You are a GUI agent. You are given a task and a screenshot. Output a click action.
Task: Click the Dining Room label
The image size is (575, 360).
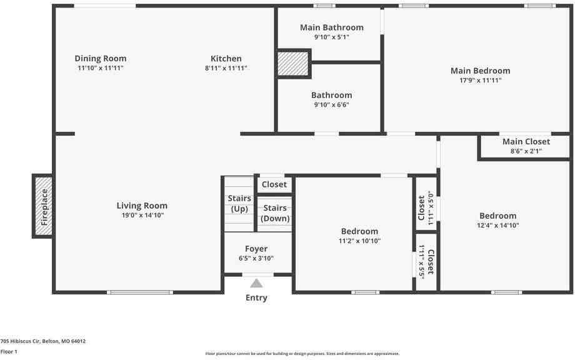click(x=96, y=59)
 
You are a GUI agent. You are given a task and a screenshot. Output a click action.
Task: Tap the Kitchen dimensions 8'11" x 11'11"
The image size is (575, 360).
click(x=226, y=68)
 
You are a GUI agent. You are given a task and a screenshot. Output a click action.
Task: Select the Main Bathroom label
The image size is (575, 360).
click(x=331, y=27)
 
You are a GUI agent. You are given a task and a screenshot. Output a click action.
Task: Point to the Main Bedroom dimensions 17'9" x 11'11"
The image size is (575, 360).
click(x=480, y=80)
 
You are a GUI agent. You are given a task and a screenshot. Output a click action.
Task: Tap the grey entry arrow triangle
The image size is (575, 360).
click(x=256, y=283)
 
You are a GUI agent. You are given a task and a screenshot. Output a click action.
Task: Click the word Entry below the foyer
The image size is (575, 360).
click(x=256, y=297)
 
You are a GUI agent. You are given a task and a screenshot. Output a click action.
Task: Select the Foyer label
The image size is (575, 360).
click(x=256, y=249)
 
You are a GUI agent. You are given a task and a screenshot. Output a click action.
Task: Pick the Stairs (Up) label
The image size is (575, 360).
click(x=239, y=204)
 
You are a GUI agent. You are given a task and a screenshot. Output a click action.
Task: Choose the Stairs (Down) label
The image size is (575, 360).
click(x=275, y=213)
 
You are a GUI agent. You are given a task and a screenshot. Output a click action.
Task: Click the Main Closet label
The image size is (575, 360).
click(x=526, y=142)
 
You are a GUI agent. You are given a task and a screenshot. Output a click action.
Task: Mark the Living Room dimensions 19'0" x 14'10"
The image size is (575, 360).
click(x=142, y=215)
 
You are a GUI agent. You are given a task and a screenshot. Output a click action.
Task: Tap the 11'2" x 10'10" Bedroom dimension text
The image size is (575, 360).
click(x=359, y=241)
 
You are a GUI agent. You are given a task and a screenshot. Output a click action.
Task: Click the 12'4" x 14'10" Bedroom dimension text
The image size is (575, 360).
click(x=498, y=226)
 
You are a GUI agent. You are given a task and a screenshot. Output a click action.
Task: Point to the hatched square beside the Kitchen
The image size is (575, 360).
click(x=292, y=64)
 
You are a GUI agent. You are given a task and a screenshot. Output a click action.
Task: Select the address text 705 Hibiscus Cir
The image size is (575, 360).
click(x=43, y=341)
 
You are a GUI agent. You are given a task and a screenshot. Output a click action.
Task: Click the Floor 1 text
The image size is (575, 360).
click(x=9, y=352)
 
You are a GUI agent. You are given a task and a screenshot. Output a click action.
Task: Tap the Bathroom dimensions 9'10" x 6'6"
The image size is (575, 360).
click(x=331, y=104)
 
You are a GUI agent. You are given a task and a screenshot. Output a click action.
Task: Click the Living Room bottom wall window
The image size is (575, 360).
click(x=139, y=292)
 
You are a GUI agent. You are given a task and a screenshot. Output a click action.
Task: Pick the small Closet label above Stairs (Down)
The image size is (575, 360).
click(x=274, y=184)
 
